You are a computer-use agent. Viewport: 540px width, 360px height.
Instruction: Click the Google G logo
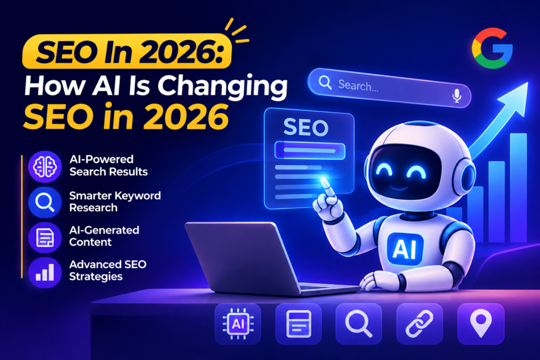492,48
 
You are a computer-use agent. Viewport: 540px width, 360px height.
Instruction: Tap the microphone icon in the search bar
457,96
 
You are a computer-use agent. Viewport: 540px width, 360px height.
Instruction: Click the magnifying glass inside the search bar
325,82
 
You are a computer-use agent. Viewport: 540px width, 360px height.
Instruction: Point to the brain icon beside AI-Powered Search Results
45,167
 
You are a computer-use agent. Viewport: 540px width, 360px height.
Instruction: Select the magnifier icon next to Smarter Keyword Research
45,202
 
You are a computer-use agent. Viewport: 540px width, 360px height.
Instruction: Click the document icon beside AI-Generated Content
45,238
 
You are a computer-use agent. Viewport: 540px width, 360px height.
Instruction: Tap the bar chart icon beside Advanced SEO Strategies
45,272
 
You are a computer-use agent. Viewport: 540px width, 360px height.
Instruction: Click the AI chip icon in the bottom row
238,324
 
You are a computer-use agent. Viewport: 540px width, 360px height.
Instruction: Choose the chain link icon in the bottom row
419,324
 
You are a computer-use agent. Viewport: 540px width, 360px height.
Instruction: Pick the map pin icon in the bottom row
481,324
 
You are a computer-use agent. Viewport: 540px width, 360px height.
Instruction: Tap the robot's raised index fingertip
324,182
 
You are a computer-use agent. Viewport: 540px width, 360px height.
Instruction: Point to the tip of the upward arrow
527,83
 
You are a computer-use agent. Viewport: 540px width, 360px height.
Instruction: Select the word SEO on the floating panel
306,128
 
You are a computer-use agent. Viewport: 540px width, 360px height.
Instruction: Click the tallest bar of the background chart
518,188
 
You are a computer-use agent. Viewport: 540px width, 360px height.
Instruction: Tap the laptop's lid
242,256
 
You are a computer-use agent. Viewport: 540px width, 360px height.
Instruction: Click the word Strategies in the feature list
96,277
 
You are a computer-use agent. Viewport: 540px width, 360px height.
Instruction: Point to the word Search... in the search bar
358,85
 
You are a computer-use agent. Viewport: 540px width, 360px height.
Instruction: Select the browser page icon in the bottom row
298,324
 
